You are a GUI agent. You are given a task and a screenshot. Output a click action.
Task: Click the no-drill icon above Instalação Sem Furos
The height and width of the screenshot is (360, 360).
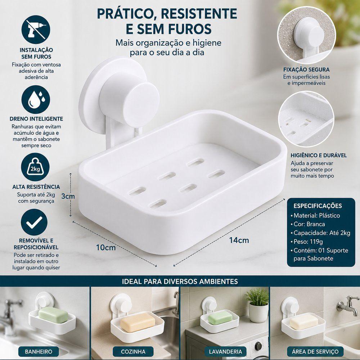tap(36, 30)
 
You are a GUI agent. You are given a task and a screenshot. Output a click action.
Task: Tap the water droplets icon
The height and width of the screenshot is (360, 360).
tap(36, 99)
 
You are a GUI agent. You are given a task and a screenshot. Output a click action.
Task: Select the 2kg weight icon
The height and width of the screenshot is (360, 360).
tap(35, 167)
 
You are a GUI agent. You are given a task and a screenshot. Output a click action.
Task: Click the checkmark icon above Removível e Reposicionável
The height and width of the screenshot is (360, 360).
tap(34, 222)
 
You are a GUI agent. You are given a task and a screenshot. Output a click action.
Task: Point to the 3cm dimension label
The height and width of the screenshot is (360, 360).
tap(68, 196)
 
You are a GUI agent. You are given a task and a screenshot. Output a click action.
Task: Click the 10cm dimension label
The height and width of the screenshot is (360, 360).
tap(106, 248)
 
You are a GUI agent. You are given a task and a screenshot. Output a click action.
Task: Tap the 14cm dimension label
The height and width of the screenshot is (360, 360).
tap(239, 240)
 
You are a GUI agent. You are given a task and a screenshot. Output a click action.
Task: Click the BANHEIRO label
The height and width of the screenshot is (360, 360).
tap(39, 351)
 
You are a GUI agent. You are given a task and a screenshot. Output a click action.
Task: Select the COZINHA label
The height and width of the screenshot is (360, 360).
tap(133, 351)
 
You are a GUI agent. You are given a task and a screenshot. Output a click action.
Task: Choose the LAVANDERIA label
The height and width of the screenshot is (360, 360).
tap(225, 351)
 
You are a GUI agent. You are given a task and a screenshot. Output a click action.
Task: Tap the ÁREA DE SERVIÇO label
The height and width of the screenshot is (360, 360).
tap(315, 351)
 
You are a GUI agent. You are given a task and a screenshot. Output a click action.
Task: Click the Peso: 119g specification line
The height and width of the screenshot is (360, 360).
tap(306, 242)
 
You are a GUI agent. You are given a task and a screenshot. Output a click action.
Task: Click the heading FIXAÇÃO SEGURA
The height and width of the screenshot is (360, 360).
tap(306, 69)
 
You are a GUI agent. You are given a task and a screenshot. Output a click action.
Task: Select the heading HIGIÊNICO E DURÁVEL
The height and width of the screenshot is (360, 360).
tap(319, 156)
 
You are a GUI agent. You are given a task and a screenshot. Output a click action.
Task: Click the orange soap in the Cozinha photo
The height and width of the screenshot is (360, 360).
tap(138, 322)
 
